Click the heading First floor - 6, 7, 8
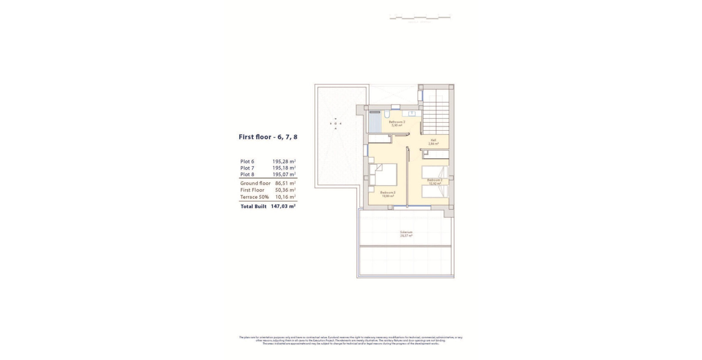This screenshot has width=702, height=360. [268, 137]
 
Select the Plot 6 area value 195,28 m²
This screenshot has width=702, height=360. [284, 162]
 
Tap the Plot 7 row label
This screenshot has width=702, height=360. [247, 168]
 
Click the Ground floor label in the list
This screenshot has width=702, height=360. [255, 183]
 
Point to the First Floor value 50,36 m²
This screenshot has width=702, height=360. [285, 190]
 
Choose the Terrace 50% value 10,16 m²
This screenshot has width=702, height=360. [285, 197]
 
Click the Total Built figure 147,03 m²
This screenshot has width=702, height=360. [283, 207]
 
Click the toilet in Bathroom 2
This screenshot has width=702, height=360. [387, 115]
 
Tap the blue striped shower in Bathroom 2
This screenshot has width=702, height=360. [375, 123]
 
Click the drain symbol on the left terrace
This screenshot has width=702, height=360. [336, 123]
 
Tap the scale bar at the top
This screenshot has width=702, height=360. [420, 18]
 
